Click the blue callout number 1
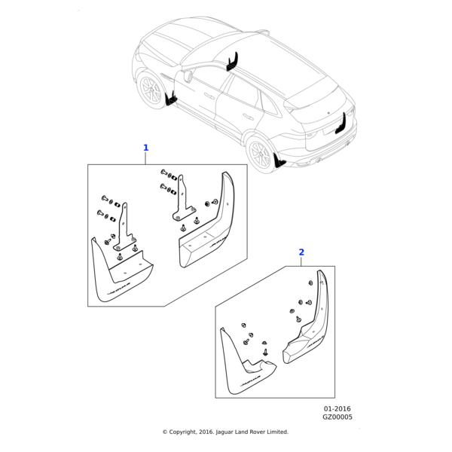point(146,148)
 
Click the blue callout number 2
point(301,252)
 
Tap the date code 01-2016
point(337,408)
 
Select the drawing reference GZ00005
point(337,417)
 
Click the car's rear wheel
point(259,154)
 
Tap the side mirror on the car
point(188,75)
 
